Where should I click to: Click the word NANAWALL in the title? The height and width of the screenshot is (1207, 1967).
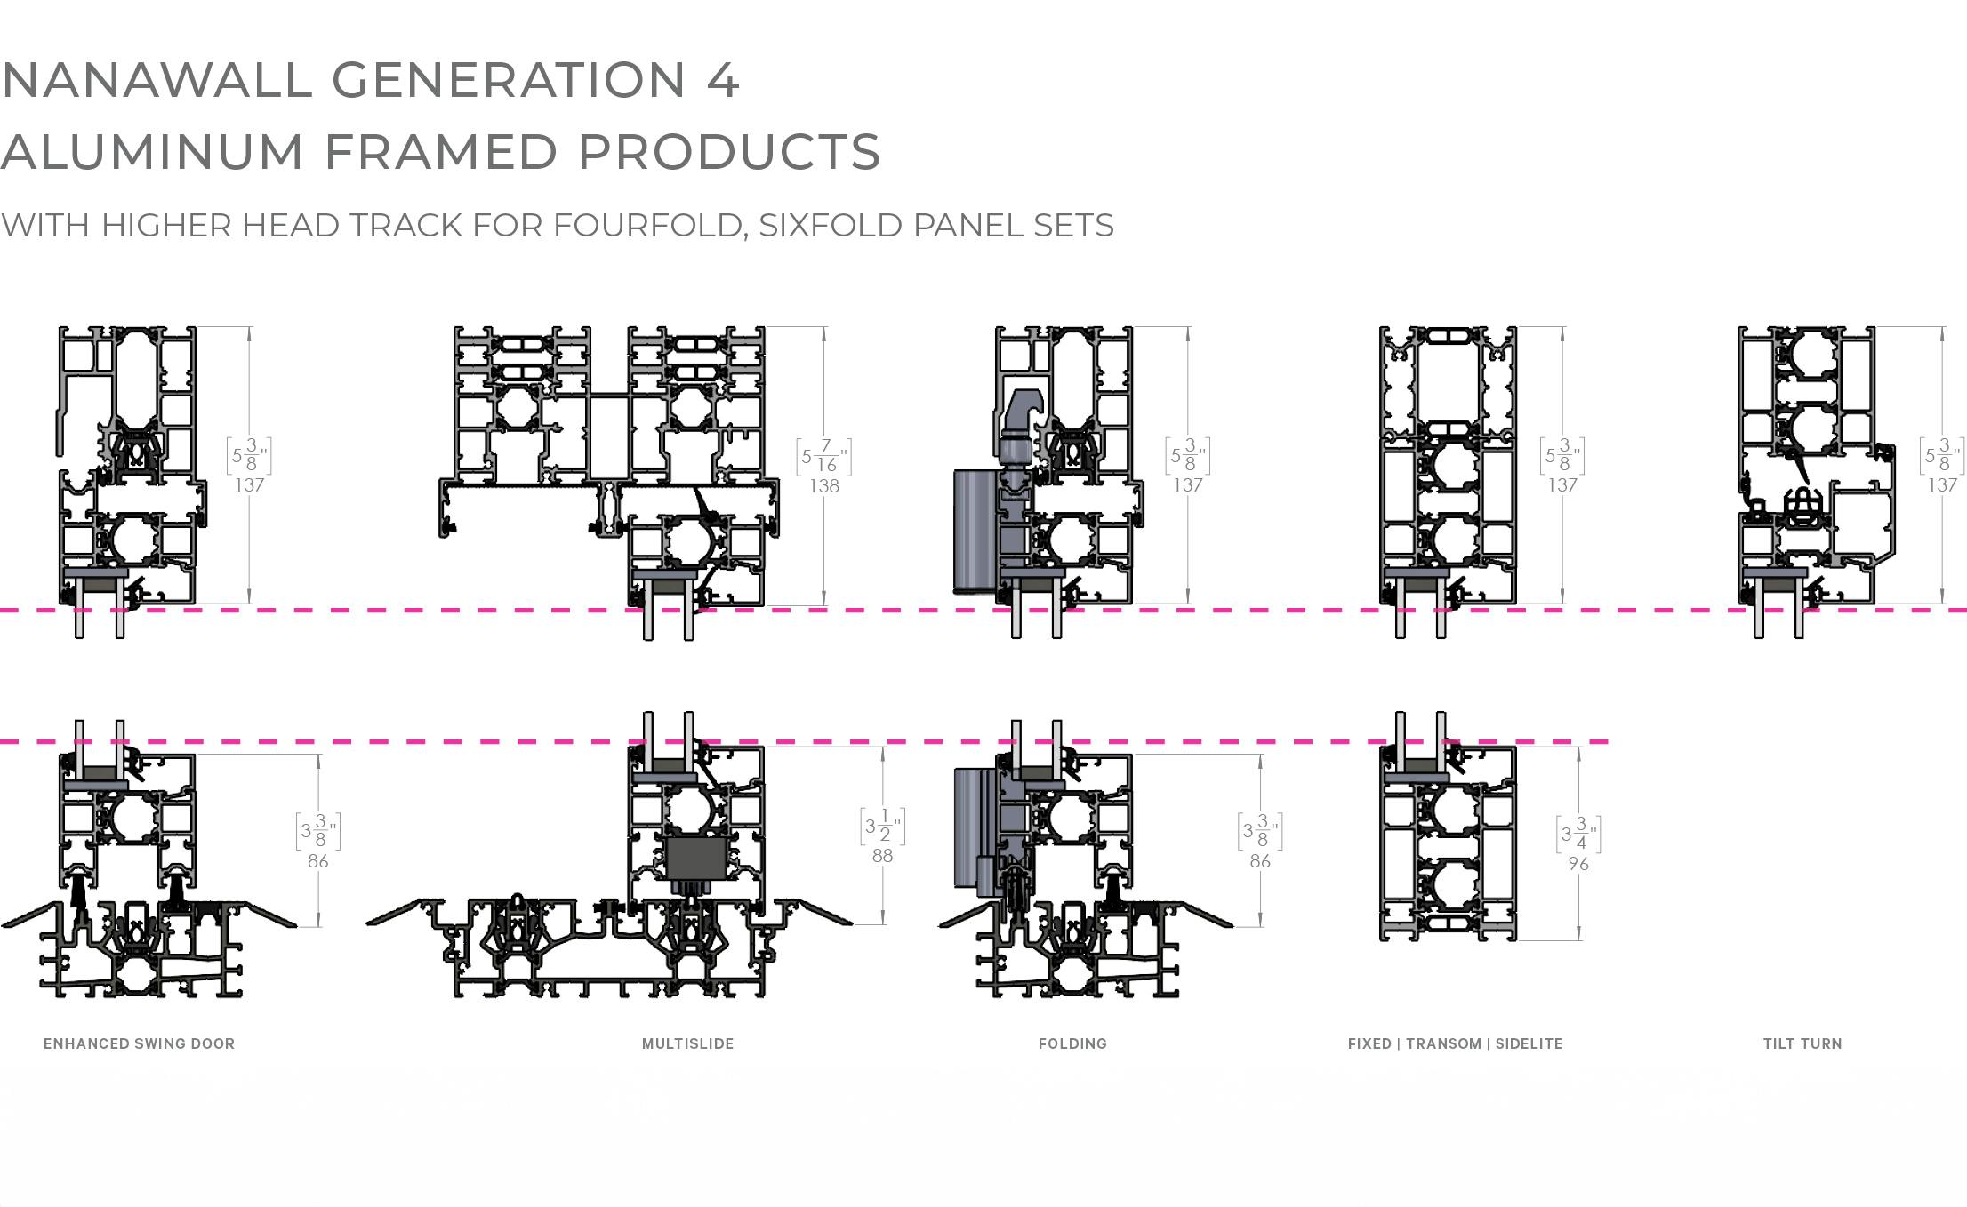coord(157,80)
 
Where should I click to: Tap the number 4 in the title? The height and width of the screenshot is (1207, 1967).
coord(723,80)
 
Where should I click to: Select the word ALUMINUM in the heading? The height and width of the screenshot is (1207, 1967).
coord(152,152)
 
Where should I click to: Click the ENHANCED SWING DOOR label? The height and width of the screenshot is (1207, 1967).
coord(139,1043)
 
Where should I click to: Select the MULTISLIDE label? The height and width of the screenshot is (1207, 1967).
coord(687,1043)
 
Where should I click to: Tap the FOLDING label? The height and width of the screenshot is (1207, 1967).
coord(1072,1043)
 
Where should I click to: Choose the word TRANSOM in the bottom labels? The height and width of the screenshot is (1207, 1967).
coord(1443,1043)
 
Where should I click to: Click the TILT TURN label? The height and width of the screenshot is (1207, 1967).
coord(1802,1043)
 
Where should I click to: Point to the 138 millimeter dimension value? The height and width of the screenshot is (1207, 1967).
coord(824,486)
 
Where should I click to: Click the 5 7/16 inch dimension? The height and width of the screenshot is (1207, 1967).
coord(823,457)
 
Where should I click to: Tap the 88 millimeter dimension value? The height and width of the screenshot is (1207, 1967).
coord(882,856)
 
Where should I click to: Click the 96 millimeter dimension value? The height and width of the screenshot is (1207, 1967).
coord(1578,864)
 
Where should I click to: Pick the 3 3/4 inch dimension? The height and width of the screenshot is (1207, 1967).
coord(1578,835)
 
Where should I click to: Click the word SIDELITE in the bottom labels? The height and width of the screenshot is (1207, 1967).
coord(1529,1043)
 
